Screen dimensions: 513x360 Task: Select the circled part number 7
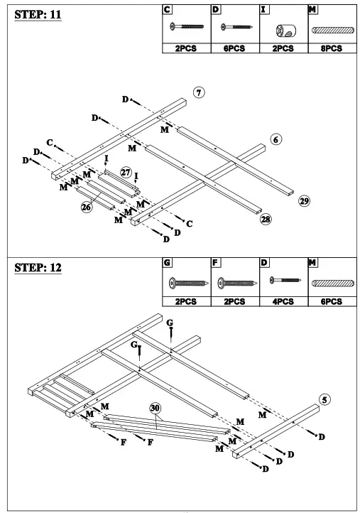pyautogui.click(x=200, y=92)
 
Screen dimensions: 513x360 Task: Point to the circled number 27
pyautogui.click(x=126, y=172)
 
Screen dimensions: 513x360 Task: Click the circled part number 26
pyautogui.click(x=87, y=207)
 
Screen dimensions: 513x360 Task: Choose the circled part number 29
pyautogui.click(x=304, y=202)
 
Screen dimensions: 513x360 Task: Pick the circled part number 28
pyautogui.click(x=266, y=220)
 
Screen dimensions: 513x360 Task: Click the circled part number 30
pyautogui.click(x=156, y=408)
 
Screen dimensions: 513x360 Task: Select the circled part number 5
pyautogui.click(x=325, y=399)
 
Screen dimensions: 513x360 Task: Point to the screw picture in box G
pyautogui.click(x=185, y=283)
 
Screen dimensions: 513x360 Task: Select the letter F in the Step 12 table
pyautogui.click(x=215, y=263)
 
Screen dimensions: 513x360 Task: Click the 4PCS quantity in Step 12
pyautogui.click(x=283, y=301)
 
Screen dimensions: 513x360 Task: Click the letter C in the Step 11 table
pyautogui.click(x=167, y=10)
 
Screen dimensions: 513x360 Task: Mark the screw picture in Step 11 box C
pyautogui.click(x=185, y=29)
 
